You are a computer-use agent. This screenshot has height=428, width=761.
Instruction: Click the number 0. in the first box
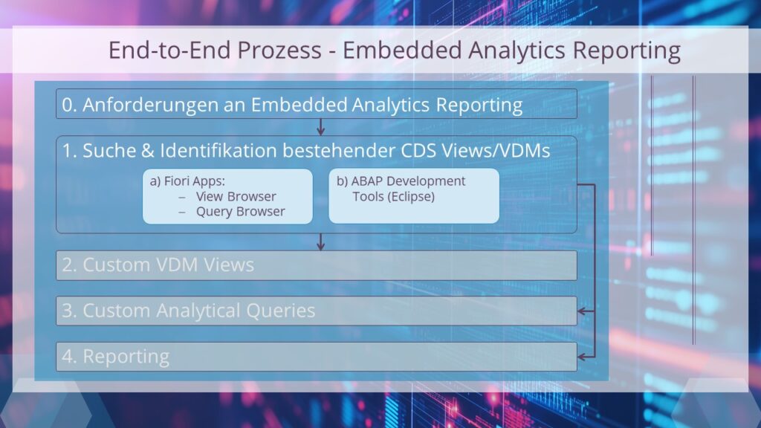tap(69, 105)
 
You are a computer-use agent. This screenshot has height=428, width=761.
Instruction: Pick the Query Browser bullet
tap(240, 211)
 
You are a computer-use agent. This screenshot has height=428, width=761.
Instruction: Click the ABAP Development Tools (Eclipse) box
tap(413, 196)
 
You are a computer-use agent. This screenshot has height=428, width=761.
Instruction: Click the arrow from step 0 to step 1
tap(320, 127)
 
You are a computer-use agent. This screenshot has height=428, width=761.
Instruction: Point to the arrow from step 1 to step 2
tap(320, 241)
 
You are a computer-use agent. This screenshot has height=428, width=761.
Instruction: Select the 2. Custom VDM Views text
tap(158, 265)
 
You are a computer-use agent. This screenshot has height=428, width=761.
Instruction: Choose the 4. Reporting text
tap(115, 357)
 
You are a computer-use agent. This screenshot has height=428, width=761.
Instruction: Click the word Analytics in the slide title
tap(519, 51)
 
